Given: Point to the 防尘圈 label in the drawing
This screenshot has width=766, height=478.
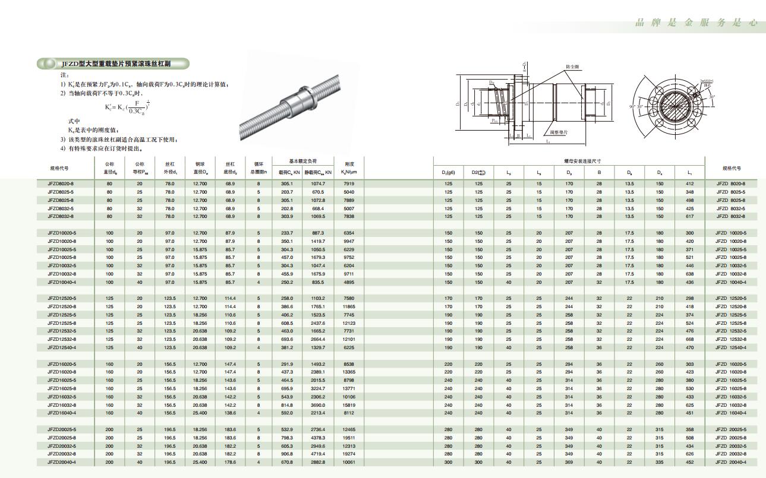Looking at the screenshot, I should coord(572,67).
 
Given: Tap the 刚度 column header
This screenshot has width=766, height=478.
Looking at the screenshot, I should coord(349,164).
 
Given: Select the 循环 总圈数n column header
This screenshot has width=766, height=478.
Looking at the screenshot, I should coord(259,168).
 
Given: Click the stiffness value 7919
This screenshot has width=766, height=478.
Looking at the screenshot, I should coord(349,184).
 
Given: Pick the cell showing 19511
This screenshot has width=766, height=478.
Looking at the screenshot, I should coord(349,438).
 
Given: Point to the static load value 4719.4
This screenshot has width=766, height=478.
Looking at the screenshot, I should coord(319,454).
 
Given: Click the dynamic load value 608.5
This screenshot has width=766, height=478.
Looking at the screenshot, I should coord(287,323).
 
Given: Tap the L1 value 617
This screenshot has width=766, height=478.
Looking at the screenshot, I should coord(689,217).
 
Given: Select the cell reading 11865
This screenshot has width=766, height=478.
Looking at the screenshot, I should coord(349,306).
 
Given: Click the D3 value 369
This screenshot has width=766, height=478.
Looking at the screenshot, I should coord(569,462).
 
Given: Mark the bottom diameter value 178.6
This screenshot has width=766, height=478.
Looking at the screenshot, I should coord(231,462).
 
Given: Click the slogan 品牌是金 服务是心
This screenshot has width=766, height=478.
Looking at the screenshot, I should coord(696,23).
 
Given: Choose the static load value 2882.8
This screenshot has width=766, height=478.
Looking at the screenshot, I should coord(319,462).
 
